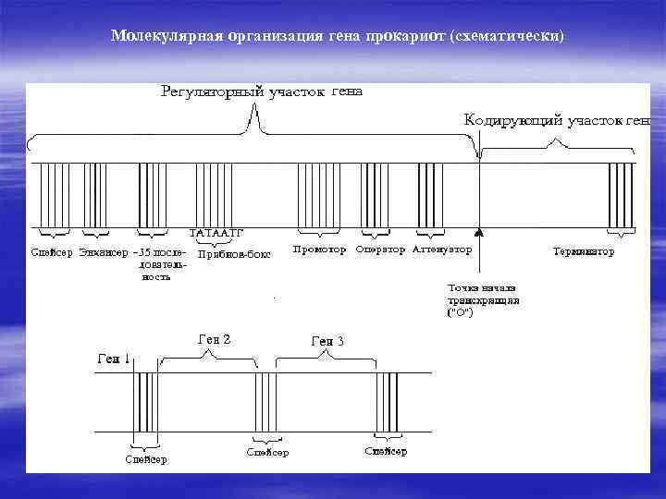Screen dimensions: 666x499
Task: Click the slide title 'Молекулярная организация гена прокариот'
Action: coord(337,36)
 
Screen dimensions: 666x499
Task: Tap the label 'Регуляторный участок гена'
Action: coord(262,91)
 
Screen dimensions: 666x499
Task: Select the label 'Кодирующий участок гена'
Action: coord(556,121)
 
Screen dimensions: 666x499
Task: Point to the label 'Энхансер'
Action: coord(104,251)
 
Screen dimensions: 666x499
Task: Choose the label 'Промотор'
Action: coord(319,249)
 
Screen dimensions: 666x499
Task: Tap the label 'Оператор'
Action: coord(380,249)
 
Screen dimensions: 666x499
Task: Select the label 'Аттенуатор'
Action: coord(441,249)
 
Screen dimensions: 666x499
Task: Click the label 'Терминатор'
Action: coord(584,251)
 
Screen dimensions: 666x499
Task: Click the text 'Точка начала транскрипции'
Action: coord(483,299)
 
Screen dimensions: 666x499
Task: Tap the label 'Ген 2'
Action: coord(215,338)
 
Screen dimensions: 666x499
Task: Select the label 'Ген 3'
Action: coord(327,341)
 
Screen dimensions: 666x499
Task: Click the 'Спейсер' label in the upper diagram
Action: coord(51,251)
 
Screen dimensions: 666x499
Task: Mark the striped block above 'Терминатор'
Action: coord(621,195)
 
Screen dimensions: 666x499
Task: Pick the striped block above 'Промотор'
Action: coord(310,195)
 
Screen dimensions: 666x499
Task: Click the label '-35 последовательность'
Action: coord(159,263)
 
